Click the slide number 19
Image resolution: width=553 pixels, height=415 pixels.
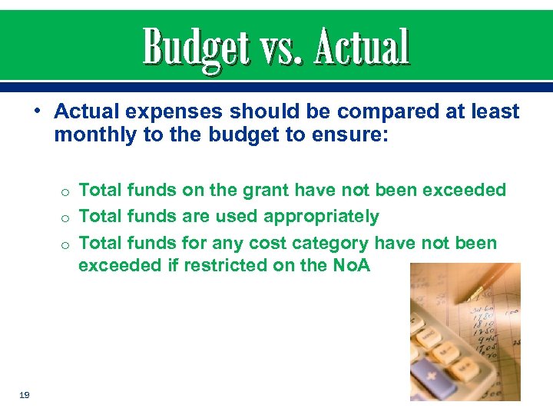tap(24, 394)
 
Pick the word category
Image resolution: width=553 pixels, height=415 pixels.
tap(330, 244)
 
